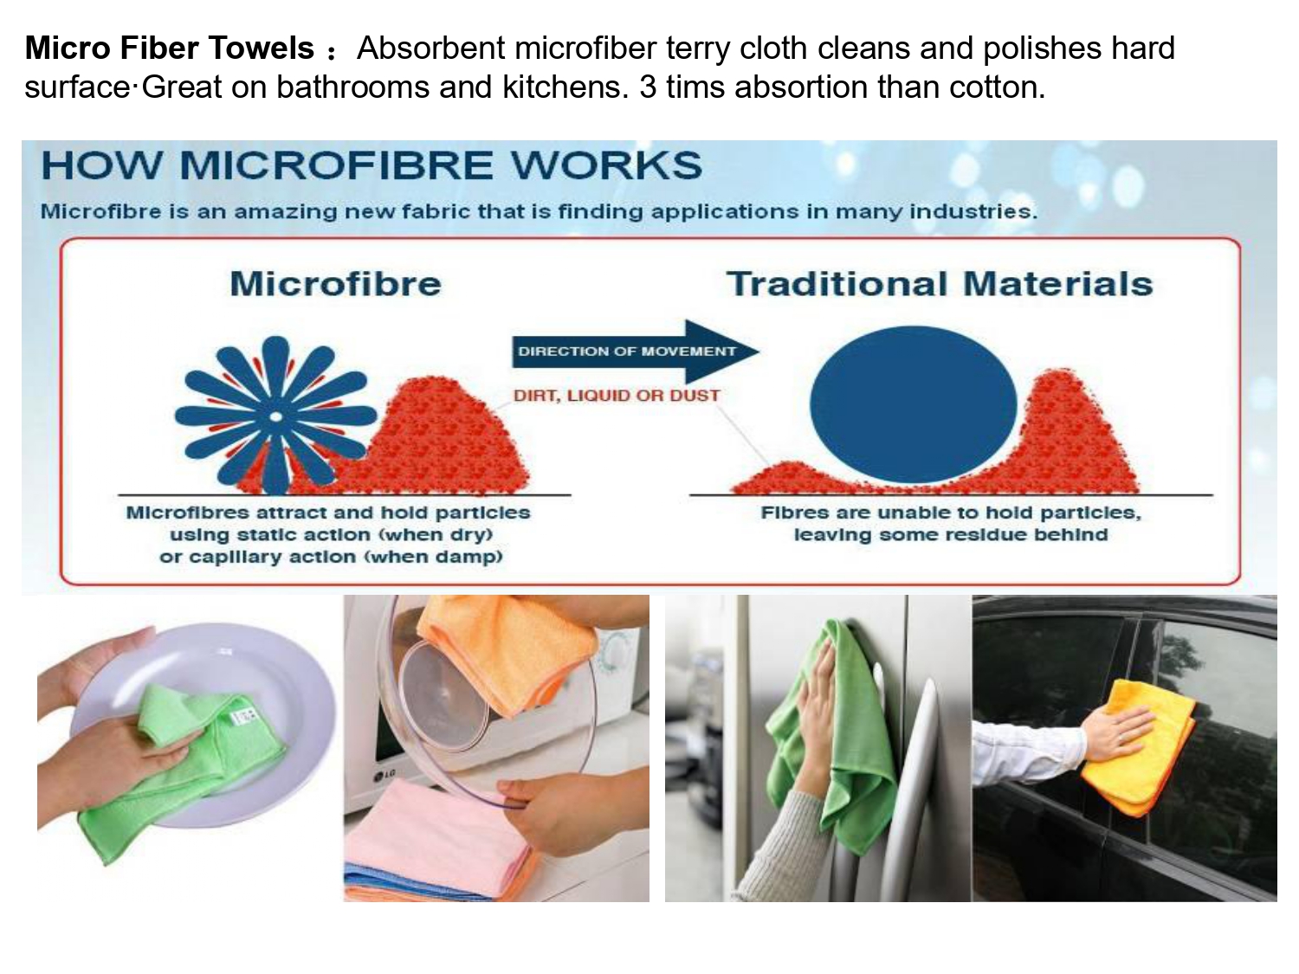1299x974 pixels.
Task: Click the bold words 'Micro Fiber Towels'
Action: click(169, 48)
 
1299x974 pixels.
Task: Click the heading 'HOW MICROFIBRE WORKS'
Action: click(372, 165)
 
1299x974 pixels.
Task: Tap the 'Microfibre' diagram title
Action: click(335, 284)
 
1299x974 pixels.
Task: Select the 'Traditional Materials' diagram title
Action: click(940, 284)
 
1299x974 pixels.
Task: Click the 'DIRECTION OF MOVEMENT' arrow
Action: click(635, 352)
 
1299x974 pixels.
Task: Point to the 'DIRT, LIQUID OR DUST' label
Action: click(617, 395)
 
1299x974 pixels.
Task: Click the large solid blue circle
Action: click(913, 405)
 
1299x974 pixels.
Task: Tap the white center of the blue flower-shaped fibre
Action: click(275, 417)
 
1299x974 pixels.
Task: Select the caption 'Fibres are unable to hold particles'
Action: click(950, 513)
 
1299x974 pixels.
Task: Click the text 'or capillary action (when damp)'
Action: click(331, 557)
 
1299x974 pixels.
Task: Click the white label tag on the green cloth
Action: click(244, 717)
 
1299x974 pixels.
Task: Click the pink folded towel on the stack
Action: click(438, 828)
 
